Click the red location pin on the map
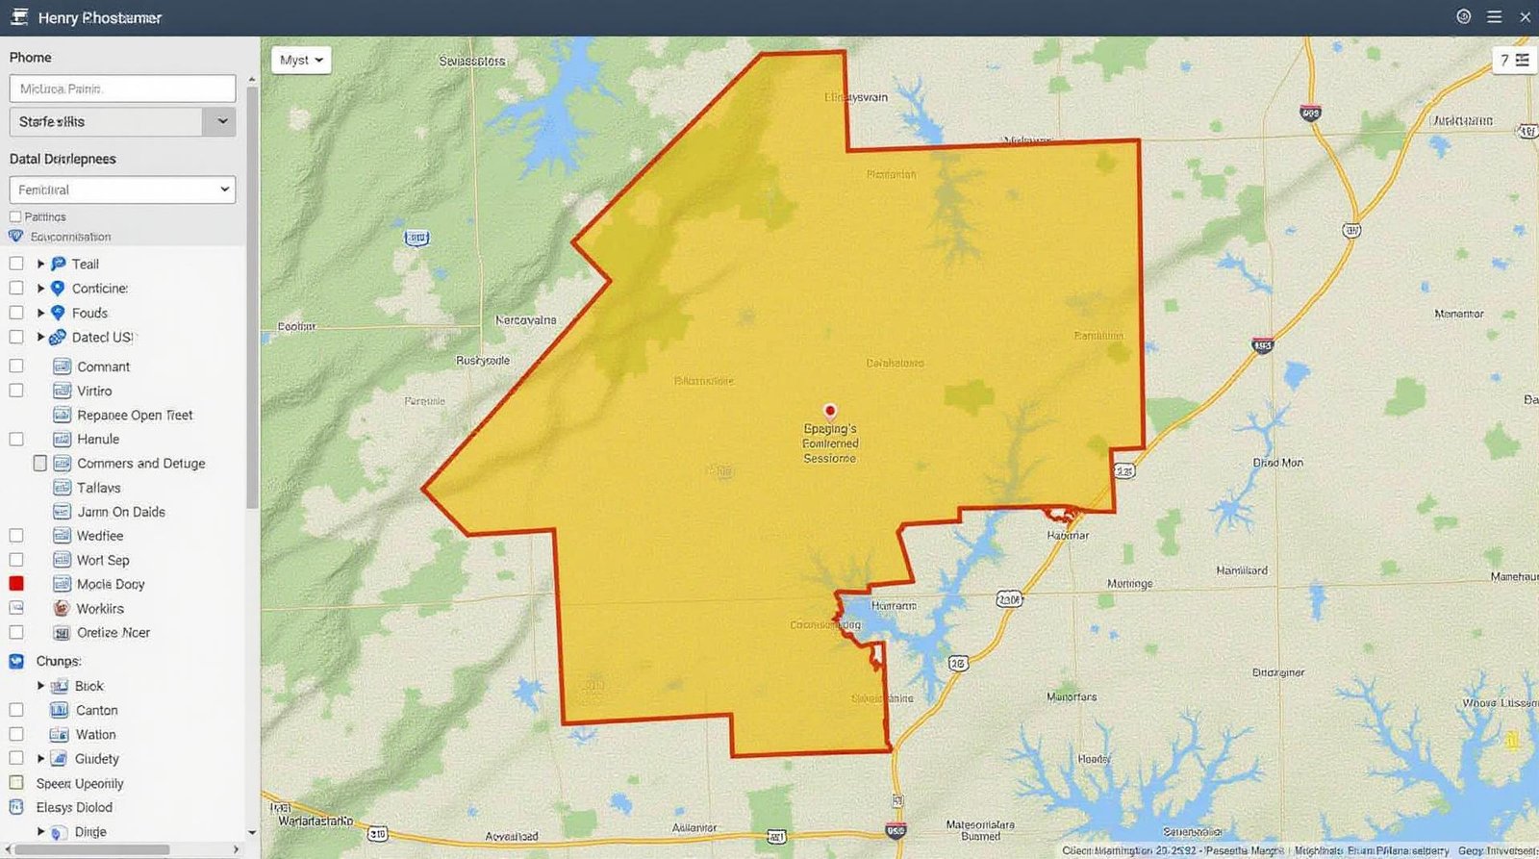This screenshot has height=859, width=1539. (830, 411)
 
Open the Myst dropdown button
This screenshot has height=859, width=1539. (301, 61)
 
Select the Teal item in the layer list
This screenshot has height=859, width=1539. (85, 265)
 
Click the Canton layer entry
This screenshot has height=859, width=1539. (97, 711)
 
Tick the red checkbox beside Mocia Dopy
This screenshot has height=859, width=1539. (16, 584)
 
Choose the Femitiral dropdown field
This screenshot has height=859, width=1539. (122, 189)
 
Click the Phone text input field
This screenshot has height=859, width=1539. (122, 88)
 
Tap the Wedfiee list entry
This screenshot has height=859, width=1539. (100, 536)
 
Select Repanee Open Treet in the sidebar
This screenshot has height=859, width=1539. (135, 416)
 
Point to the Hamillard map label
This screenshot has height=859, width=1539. (1242, 570)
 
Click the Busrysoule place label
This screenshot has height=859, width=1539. (483, 361)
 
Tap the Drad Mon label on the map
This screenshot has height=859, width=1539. (1278, 463)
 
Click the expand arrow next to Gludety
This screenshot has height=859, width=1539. (40, 759)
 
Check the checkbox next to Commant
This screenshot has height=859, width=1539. (16, 366)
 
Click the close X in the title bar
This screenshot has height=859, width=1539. (1525, 17)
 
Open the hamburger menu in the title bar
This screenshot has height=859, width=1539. (1494, 17)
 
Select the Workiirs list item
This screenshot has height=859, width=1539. (100, 609)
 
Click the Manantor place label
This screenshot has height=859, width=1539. (1458, 315)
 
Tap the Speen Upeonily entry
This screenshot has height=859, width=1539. (80, 784)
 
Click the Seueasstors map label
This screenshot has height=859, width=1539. (472, 61)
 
